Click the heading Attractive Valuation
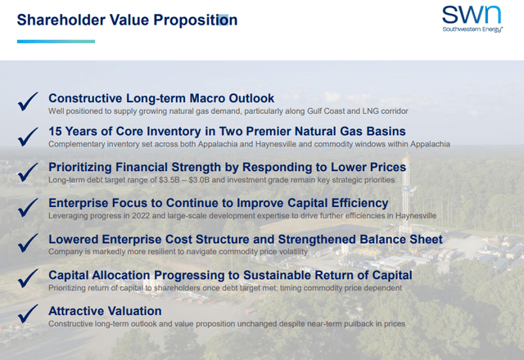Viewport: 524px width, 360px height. point(105,311)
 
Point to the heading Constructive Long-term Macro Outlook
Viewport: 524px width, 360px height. point(161,98)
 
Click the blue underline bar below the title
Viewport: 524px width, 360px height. point(56,41)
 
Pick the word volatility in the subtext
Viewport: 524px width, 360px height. point(291,251)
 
